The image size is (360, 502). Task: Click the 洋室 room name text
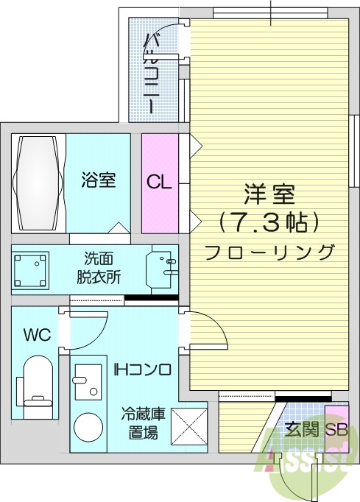pyautogui.click(x=269, y=195)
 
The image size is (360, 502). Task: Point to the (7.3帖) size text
pyautogui.click(x=269, y=222)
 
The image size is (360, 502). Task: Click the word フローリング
pyautogui.click(x=269, y=252)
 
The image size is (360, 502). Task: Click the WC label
pyautogui.click(x=36, y=336)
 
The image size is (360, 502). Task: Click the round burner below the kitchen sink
pyautogui.click(x=90, y=428)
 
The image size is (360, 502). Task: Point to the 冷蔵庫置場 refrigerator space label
pyautogui.click(x=143, y=423)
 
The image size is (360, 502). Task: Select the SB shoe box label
pyautogui.click(x=336, y=430)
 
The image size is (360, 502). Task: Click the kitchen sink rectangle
pyautogui.click(x=90, y=381)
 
